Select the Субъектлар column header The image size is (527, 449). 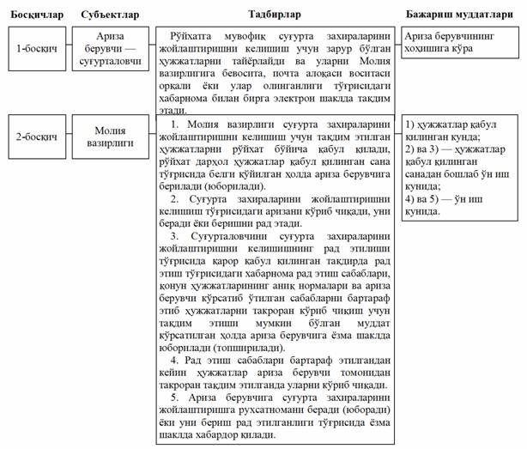[x=106, y=15]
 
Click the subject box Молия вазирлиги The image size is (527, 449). [x=106, y=137]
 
